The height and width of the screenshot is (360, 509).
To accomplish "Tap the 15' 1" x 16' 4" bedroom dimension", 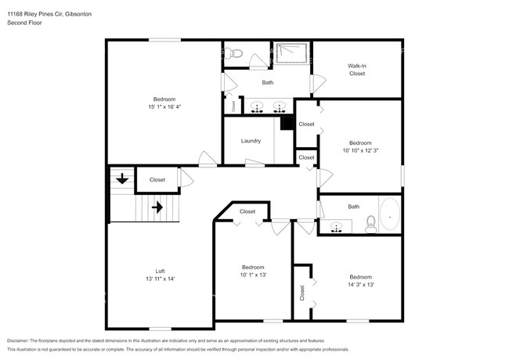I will pyautogui.click(x=164, y=106).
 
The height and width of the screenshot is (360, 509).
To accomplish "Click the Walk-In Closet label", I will pyautogui.click(x=357, y=70).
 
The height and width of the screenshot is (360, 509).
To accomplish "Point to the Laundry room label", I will pyautogui.click(x=251, y=141).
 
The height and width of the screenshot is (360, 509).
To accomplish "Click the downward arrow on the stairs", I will pyautogui.click(x=122, y=180).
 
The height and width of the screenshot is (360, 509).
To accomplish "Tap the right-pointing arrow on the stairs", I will pyautogui.click(x=157, y=208).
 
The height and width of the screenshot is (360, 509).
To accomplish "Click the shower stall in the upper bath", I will pyautogui.click(x=291, y=53).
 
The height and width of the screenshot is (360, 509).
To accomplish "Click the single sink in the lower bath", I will pyautogui.click(x=337, y=228).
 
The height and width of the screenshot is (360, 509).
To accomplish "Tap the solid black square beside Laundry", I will pyautogui.click(x=287, y=123).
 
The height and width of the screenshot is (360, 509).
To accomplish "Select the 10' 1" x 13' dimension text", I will pyautogui.click(x=253, y=275).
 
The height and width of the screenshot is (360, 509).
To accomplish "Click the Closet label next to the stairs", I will pyautogui.click(x=157, y=180).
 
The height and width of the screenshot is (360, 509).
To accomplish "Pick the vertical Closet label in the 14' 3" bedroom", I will pyautogui.click(x=302, y=292).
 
